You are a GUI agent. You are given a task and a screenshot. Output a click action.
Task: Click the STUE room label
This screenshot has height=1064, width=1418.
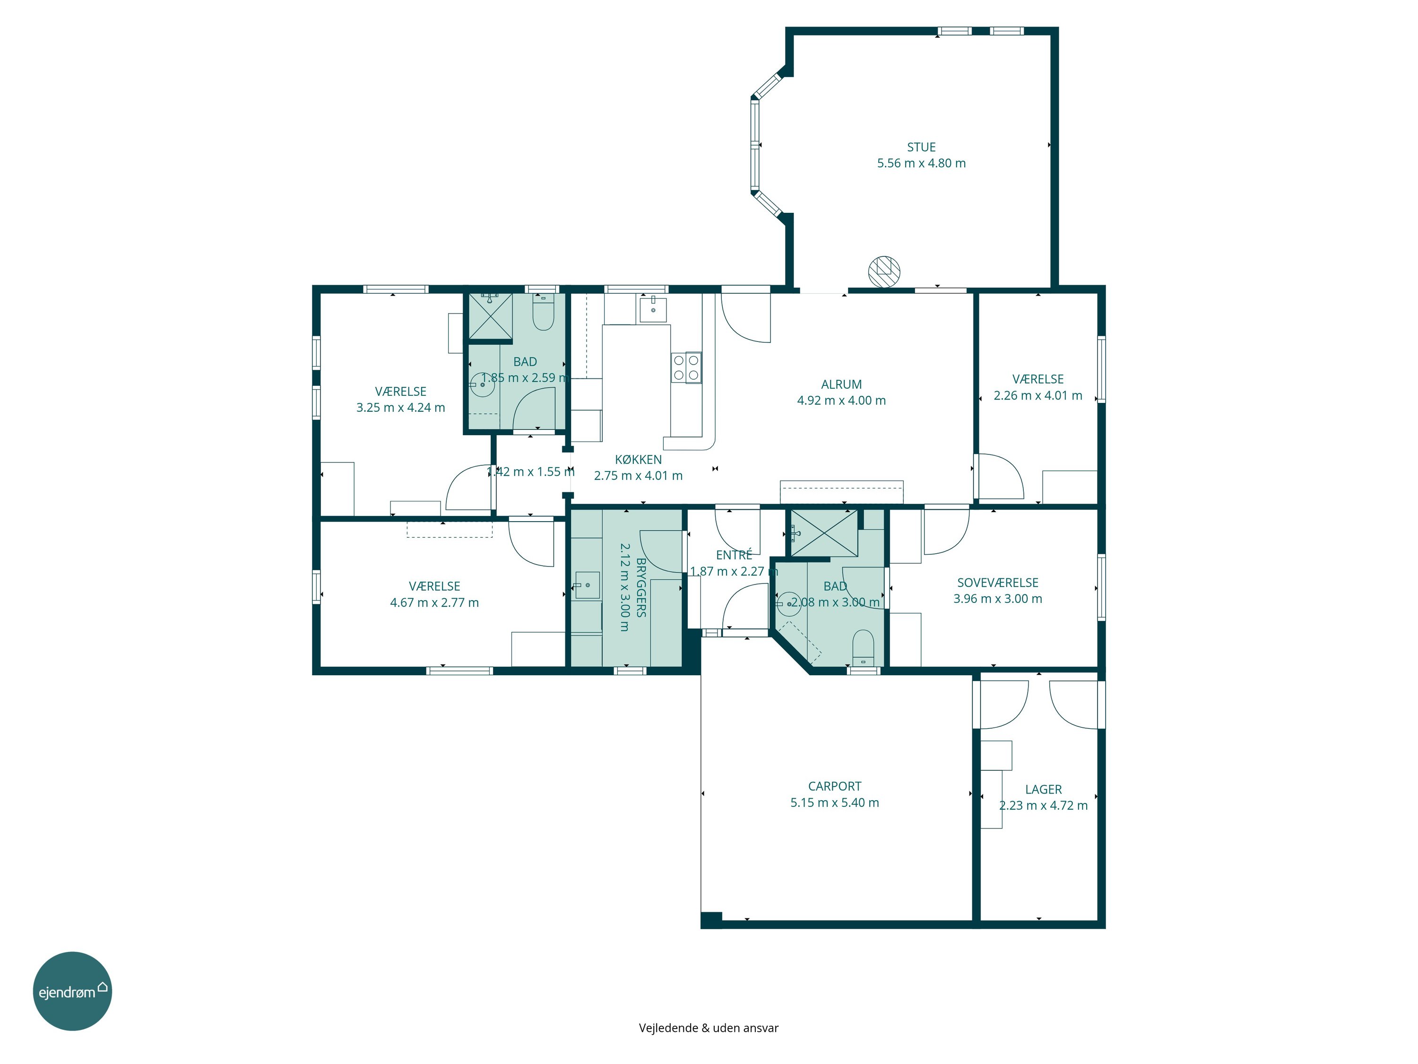pos(921,147)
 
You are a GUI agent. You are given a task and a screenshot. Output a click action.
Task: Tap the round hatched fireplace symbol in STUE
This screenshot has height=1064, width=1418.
pos(884,271)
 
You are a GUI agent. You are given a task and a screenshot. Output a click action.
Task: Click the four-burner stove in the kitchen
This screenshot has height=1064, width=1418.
pos(686,367)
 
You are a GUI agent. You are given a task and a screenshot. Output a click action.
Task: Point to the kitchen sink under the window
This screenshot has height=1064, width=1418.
pos(653,310)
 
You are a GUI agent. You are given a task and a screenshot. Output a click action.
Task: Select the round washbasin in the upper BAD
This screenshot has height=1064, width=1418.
pos(482,385)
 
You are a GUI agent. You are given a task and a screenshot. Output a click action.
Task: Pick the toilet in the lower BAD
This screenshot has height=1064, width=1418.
pos(864,648)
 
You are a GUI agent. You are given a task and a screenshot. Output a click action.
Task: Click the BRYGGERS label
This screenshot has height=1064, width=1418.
pos(641,587)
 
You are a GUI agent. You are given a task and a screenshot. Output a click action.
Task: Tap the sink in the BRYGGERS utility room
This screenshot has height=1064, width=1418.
pos(587,585)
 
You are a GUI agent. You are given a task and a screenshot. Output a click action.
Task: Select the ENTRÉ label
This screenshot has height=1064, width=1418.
pos(734,555)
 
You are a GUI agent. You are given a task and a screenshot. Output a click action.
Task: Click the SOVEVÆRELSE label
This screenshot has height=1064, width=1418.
pos(997,582)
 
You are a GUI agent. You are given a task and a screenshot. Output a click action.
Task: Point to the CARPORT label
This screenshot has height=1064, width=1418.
pos(835,786)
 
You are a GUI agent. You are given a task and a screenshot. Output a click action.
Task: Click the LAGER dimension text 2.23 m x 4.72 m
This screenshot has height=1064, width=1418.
pos(1043,805)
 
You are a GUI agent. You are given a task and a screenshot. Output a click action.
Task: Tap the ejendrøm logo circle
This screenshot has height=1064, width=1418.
pos(72,991)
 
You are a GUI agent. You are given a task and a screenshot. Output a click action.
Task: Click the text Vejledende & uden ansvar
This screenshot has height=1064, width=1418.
pos(709,1028)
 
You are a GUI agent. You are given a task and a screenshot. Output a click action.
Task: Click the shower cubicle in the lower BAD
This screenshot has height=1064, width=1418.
pos(824,533)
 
